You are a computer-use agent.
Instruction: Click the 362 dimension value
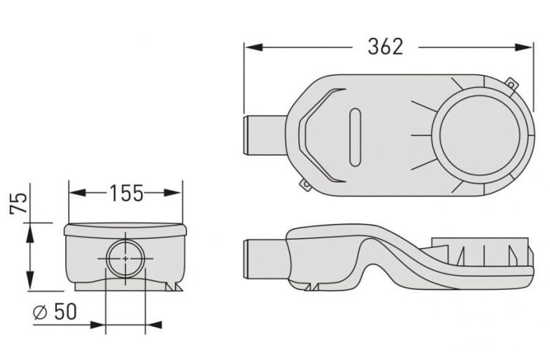point(386,47)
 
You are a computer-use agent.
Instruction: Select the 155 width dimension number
point(126,193)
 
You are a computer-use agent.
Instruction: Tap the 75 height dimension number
point(19,203)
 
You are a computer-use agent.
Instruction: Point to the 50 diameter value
point(65,312)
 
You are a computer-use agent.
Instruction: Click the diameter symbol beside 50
point(40,313)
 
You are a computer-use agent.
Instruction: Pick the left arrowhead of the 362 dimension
point(253,47)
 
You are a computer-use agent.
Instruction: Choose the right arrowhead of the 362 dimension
point(524,47)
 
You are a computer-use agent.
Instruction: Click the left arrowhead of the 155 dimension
point(78,192)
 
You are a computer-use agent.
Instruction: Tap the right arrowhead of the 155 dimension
point(173,192)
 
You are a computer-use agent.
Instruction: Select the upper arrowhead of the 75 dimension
point(30,232)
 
